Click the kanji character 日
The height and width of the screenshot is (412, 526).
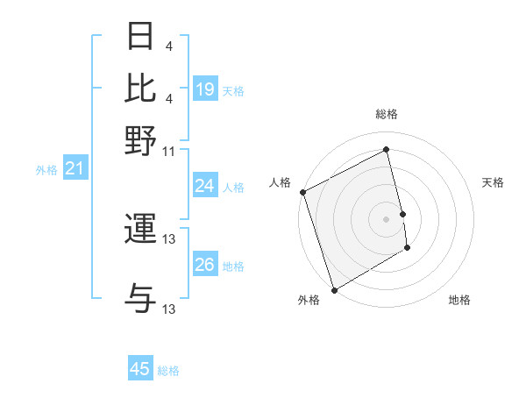pos(140,38)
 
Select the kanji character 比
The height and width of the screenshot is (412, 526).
pos(140,89)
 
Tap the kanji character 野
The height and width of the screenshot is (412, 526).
pos(140,140)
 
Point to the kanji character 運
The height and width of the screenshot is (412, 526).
pos(140,230)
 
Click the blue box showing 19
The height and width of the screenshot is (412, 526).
pos(205,89)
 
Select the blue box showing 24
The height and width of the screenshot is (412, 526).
pos(205,186)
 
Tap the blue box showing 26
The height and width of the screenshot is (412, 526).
pos(205,265)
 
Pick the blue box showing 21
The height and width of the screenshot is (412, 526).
pos(75,169)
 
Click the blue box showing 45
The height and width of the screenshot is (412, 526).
pos(140,369)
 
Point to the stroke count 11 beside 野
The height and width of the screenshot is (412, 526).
pos(169,151)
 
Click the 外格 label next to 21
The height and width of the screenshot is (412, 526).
pos(46,170)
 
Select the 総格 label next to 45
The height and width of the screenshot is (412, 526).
pos(168,370)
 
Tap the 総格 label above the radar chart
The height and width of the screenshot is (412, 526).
pos(386,114)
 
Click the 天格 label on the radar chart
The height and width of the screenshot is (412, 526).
pos(493,182)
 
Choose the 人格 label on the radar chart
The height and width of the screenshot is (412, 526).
pos(280,182)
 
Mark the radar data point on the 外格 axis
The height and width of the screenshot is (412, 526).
pos(334,289)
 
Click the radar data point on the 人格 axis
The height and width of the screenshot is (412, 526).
pos(302,192)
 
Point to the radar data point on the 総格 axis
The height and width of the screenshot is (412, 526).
pos(386,150)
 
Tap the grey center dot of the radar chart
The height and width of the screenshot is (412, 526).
pos(386,218)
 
